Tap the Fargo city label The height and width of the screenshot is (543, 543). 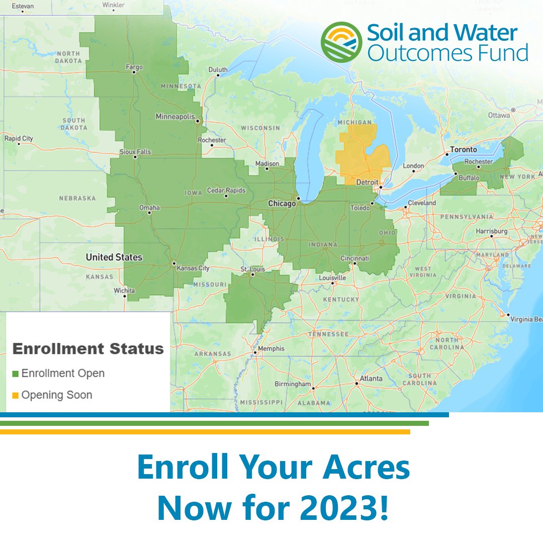(x=134, y=67)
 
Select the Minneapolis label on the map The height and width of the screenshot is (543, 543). (x=174, y=117)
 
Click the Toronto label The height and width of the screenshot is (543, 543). (x=463, y=149)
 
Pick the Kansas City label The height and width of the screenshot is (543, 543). (x=193, y=268)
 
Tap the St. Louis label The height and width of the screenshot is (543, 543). (x=252, y=269)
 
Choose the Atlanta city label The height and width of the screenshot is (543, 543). (x=371, y=378)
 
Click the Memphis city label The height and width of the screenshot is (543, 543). (x=271, y=348)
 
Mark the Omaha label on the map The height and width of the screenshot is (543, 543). (x=149, y=207)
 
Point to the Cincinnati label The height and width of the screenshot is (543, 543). (x=354, y=257)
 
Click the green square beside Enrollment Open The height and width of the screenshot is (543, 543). (x=15, y=374)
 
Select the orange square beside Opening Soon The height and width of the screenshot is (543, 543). (x=15, y=395)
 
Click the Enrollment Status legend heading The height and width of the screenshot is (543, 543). (x=88, y=348)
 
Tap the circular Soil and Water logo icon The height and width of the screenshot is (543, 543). (x=341, y=42)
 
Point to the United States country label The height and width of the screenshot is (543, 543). (x=114, y=257)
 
